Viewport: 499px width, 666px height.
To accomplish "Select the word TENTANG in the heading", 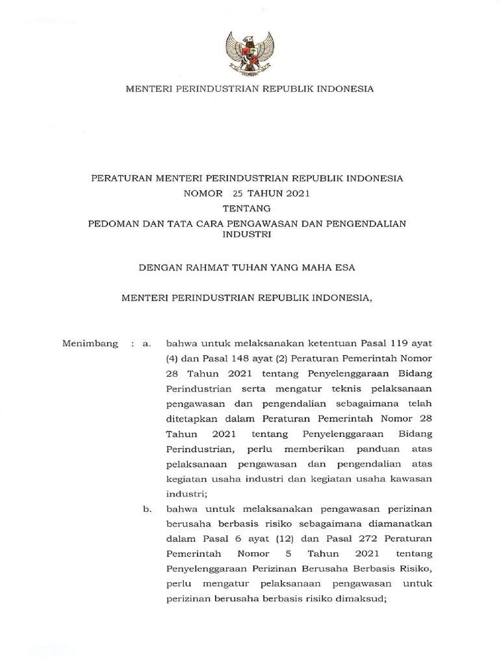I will tap(249, 209).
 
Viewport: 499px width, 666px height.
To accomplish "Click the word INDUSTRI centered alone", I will tap(249, 237).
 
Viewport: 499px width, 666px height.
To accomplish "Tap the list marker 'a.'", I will tap(146, 343).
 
